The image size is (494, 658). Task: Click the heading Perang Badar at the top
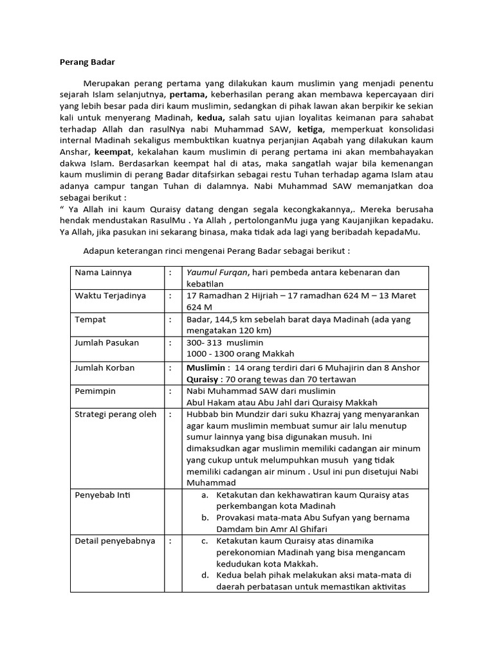pos(86,62)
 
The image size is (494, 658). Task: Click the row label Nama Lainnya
pos(103,272)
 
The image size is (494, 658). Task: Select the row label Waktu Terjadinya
pos(110,296)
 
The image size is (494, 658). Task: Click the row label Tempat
pos(90,319)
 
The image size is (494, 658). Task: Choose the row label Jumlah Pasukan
pos(107,342)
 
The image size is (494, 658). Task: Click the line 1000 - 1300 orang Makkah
pos(240,353)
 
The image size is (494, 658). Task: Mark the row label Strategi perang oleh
pos(116,414)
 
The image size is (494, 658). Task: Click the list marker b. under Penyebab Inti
pos(205,517)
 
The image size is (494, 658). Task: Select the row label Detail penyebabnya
pos(115,541)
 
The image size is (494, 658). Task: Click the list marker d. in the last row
pos(205,574)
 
